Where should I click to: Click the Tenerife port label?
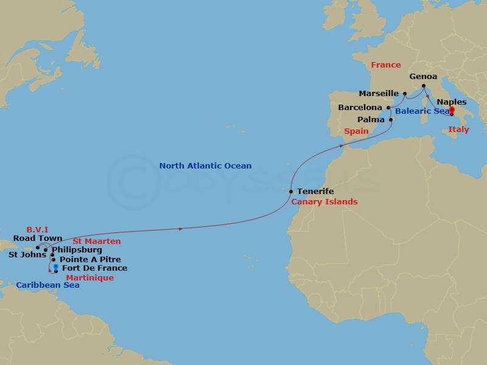coord(316,191)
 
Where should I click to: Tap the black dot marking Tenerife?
coord(292,191)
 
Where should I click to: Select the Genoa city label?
coord(422,77)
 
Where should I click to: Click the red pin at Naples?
coord(451,111)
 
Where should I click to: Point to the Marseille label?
coord(379,94)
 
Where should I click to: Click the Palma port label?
coord(372,120)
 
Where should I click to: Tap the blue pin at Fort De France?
coord(55,267)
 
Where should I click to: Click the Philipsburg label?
coord(76,249)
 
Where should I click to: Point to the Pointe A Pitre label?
coord(90,259)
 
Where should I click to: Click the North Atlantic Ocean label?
coord(205,165)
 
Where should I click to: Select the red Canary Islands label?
coord(323,201)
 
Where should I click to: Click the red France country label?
coord(386,65)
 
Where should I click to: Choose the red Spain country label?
coord(356,131)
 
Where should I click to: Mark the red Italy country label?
coord(458,130)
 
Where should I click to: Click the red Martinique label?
coord(90,277)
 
